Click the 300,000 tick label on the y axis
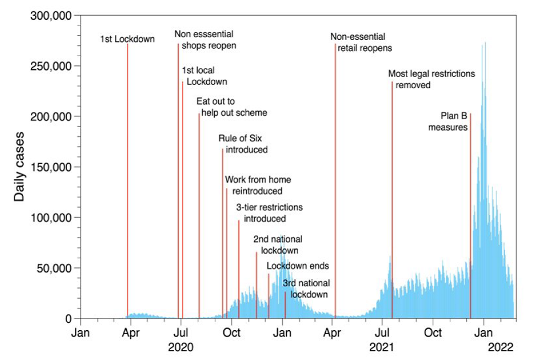pyautogui.click(x=51, y=16)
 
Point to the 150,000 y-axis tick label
pyautogui.click(x=51, y=167)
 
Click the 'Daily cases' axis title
pyautogui.click(x=19, y=167)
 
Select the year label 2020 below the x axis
pyautogui.click(x=180, y=347)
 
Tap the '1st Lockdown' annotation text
pyautogui.click(x=127, y=39)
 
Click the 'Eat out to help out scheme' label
pyautogui.click(x=232, y=107)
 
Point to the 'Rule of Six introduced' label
pyautogui.click(x=243, y=144)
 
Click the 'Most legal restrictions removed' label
pyautogui.click(x=432, y=79)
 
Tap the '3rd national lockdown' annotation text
pyautogui.click(x=307, y=289)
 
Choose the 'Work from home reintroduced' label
pyautogui.click(x=258, y=186)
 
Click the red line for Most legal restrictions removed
pyautogui.click(x=392, y=169)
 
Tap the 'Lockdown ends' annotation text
pyautogui.click(x=298, y=266)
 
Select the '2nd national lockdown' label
pyautogui.click(x=277, y=245)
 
